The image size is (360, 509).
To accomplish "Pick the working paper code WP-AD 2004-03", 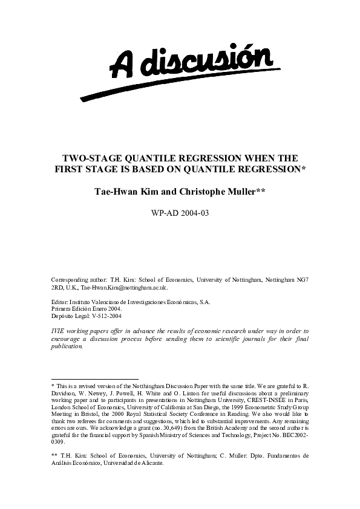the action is (x=180, y=213).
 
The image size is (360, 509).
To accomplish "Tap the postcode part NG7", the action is (x=302, y=280).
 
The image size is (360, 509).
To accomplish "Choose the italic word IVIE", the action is (x=57, y=331).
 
